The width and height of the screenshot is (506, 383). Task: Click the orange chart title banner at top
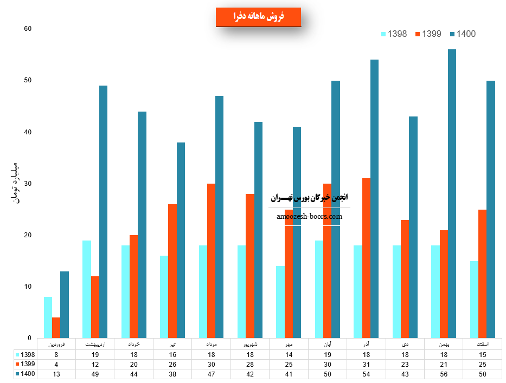coord(258,17)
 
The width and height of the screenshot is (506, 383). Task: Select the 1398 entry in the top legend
coord(394,34)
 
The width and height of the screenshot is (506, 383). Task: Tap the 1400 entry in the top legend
coord(463,34)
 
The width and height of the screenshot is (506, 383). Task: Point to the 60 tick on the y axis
coord(28,29)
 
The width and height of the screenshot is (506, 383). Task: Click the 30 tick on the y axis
coord(28,184)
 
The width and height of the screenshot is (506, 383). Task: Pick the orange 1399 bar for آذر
coord(366,258)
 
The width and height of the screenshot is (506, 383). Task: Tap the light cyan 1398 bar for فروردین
coord(48,317)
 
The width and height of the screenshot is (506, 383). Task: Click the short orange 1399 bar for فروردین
coord(56,328)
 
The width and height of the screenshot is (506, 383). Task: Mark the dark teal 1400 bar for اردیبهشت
coord(103,212)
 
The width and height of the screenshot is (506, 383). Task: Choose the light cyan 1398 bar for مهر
coord(280,302)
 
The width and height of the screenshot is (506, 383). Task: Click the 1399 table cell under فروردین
coord(56,363)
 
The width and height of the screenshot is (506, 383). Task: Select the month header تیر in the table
coord(172,344)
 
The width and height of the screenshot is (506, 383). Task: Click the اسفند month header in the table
coord(483,344)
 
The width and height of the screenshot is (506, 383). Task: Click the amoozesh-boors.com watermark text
coord(309,216)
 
